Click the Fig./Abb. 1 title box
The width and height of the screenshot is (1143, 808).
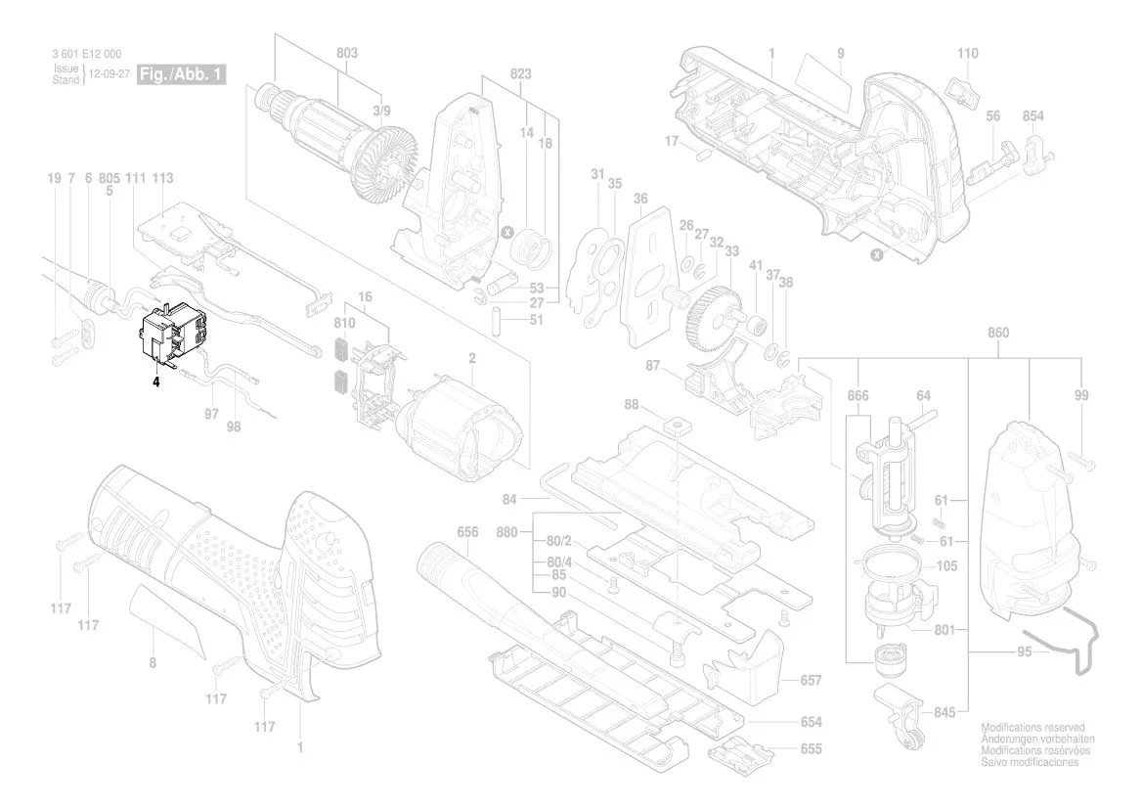[182, 75]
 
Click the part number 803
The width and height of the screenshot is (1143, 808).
[346, 53]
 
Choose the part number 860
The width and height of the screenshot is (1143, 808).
[997, 333]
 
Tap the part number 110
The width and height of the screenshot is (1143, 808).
[967, 53]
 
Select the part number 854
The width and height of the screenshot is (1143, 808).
[1033, 116]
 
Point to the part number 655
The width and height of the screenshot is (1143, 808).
[811, 749]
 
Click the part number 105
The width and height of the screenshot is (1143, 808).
[946, 566]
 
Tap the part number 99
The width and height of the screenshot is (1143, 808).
[1080, 395]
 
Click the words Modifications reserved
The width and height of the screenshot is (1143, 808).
[1032, 729]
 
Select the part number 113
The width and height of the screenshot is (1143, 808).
[162, 178]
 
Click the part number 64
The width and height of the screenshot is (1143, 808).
[923, 396]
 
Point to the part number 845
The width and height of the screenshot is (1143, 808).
[944, 712]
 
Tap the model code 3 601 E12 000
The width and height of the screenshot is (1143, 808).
[86, 55]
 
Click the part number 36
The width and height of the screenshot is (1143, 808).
[640, 198]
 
